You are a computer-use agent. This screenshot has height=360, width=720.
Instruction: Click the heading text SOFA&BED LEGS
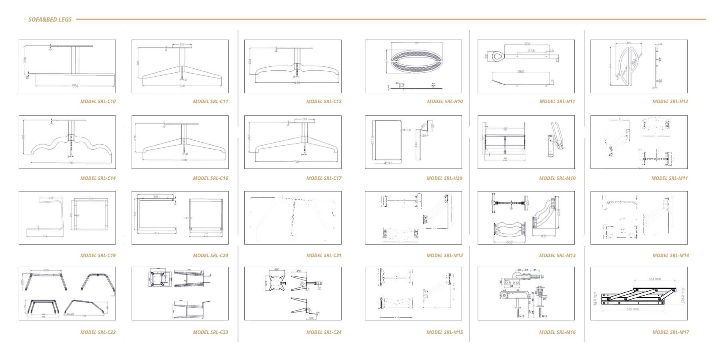[50, 19]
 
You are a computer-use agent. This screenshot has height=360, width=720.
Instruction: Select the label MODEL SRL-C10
[98, 102]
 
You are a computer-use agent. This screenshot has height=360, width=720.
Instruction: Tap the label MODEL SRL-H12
[670, 102]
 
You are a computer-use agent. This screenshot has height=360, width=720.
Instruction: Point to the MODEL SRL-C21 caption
[324, 256]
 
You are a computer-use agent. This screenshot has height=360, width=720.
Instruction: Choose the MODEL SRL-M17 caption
[670, 332]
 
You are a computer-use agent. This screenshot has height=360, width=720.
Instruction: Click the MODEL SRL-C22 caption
[98, 332]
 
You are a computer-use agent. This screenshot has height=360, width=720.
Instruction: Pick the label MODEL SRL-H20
[444, 178]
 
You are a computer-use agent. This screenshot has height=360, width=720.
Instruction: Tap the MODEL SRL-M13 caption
[557, 256]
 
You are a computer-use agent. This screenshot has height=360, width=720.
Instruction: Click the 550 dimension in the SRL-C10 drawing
[75, 86]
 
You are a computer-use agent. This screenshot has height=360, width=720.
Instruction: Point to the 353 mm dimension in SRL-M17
[654, 279]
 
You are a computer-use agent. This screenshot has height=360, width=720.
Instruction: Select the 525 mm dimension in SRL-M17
[632, 309]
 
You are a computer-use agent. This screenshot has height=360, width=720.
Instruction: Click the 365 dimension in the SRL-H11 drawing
[521, 72]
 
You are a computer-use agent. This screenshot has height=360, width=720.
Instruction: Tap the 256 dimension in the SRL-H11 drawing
[531, 50]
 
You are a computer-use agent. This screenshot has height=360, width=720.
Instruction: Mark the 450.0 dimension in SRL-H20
[388, 163]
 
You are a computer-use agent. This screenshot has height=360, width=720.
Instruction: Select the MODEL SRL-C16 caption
[210, 178]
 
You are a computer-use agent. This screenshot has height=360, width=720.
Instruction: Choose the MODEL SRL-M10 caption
[557, 178]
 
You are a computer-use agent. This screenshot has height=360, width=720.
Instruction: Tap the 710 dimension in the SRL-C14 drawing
[71, 163]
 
